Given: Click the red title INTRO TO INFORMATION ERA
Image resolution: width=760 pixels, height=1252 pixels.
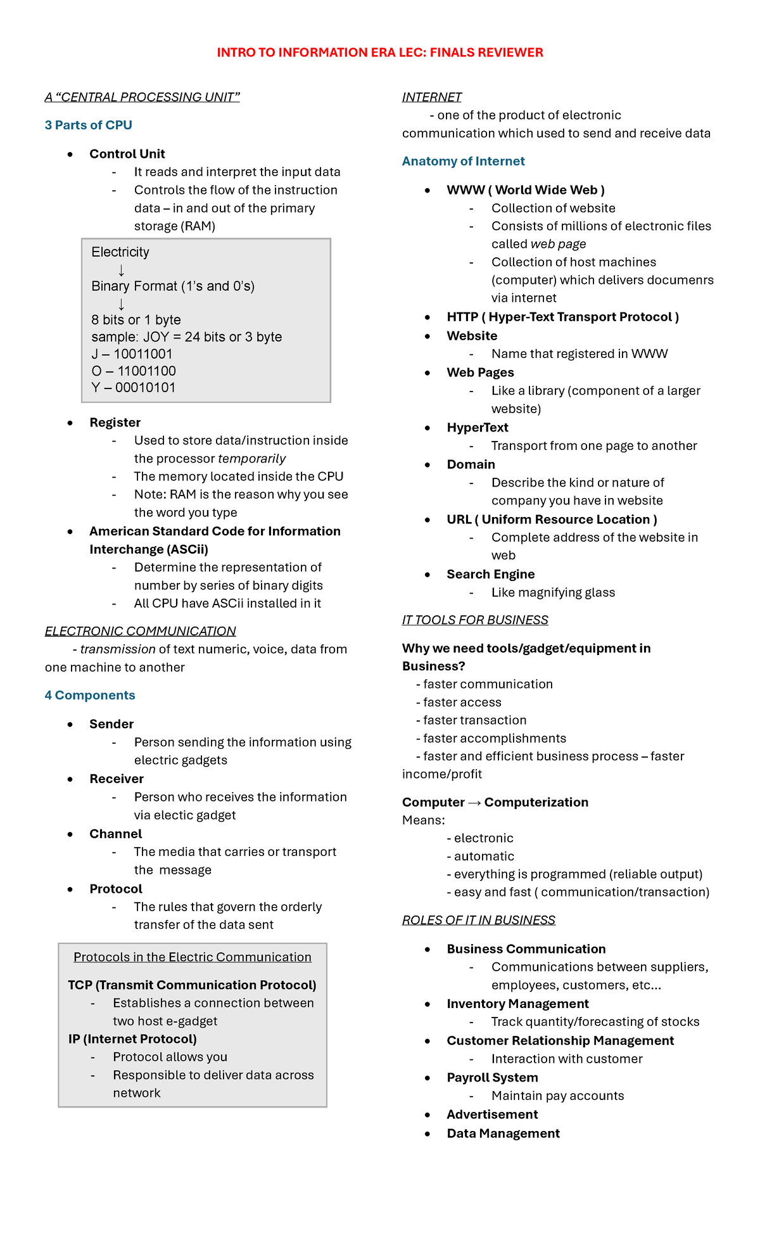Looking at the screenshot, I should [379, 53].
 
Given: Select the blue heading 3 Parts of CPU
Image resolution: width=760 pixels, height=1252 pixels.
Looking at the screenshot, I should [88, 125].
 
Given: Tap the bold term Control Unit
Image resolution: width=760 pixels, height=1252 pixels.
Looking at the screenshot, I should [127, 154].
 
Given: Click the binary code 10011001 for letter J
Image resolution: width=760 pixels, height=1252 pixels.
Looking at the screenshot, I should [142, 354].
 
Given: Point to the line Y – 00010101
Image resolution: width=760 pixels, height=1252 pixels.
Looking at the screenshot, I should [133, 388].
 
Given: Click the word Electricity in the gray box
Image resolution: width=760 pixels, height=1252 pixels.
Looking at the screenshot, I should [120, 252].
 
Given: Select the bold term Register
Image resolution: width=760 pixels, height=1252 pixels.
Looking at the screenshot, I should [115, 423].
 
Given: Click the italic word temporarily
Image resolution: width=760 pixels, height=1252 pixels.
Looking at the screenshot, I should [251, 459].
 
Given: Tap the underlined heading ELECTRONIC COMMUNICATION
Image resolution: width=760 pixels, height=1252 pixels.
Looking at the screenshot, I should [140, 631].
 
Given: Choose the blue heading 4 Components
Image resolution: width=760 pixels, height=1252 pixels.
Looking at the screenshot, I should [90, 695].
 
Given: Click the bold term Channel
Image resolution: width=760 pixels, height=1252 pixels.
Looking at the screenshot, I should [115, 834].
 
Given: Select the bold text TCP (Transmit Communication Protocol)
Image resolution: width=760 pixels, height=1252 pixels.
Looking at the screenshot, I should [192, 985].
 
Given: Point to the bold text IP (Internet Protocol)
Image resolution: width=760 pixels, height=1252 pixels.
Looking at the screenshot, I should [132, 1039].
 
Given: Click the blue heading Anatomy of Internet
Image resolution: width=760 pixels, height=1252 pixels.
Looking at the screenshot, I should [463, 161].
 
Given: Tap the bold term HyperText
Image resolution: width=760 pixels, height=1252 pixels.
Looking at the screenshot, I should [477, 428].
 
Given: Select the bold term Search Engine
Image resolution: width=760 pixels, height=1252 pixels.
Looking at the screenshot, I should [490, 574].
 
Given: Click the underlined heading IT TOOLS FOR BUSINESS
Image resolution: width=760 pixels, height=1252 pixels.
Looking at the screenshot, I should [475, 620].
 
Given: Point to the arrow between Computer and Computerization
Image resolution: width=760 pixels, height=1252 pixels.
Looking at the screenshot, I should [474, 803].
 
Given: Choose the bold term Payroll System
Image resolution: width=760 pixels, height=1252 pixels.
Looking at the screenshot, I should [492, 1078].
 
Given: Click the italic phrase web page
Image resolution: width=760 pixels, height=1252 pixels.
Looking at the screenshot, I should [557, 244].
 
